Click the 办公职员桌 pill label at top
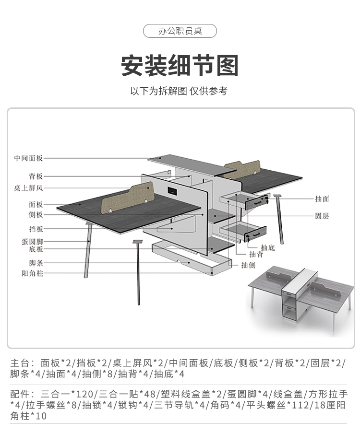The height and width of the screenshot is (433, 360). tap(180, 32)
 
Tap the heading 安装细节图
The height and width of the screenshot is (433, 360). tap(180, 66)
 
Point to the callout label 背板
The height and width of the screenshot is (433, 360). tap(36, 176)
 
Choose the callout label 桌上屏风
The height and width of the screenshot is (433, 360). tap(29, 188)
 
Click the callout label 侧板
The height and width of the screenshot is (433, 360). tap(36, 215)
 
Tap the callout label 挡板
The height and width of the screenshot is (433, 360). tap(36, 229)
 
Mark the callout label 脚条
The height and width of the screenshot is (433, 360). tap(36, 263)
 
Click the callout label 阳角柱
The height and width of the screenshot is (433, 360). tap(32, 273)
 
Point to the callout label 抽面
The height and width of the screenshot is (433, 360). tap(322, 199)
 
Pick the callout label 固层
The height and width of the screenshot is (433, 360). tap(322, 216)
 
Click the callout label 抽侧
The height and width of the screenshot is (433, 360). tap(248, 265)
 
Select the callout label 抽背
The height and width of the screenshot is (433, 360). tap(255, 255)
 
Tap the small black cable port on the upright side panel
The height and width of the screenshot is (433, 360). tap(171, 191)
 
